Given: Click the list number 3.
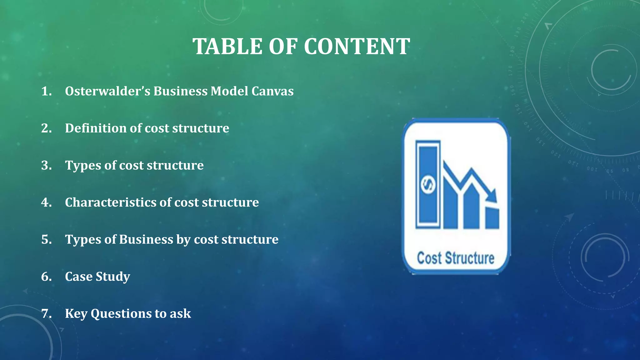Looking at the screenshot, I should pyautogui.click(x=46, y=165).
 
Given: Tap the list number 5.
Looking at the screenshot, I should pyautogui.click(x=46, y=239).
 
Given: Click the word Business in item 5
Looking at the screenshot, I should pyautogui.click(x=146, y=239).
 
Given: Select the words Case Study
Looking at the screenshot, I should pyautogui.click(x=97, y=277).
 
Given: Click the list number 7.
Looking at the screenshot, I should pyautogui.click(x=46, y=313).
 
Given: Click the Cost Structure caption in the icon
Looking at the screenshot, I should pyautogui.click(x=456, y=258).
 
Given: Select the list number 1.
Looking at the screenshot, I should pyautogui.click(x=46, y=91).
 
